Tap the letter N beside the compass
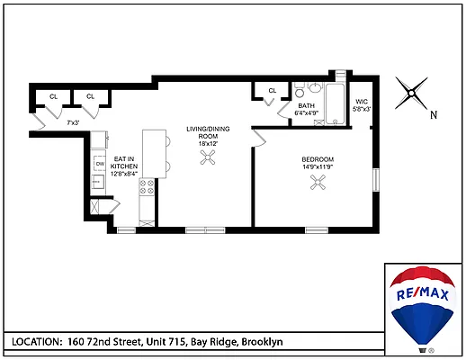(x=434, y=114)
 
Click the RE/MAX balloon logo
(x=424, y=306)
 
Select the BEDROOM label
(x=318, y=158)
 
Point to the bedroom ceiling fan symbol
(x=318, y=183)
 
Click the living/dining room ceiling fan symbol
(x=209, y=157)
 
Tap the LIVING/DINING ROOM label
(x=209, y=134)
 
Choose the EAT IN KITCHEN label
(x=123, y=162)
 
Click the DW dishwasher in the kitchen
(x=100, y=163)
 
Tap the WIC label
(x=363, y=101)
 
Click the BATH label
(x=306, y=105)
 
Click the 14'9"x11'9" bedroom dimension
(x=318, y=166)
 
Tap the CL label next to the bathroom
(x=271, y=90)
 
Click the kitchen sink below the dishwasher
(x=100, y=181)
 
